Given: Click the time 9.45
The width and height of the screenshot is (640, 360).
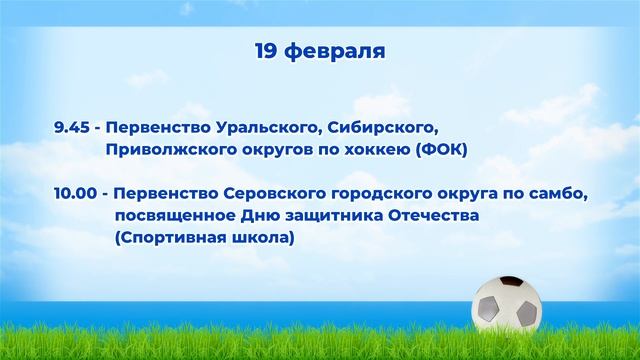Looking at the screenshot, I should click(x=72, y=128).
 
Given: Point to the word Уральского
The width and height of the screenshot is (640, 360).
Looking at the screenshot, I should click(x=250, y=128).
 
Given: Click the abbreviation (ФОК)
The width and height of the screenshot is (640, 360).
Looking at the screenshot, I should click(x=441, y=149).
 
